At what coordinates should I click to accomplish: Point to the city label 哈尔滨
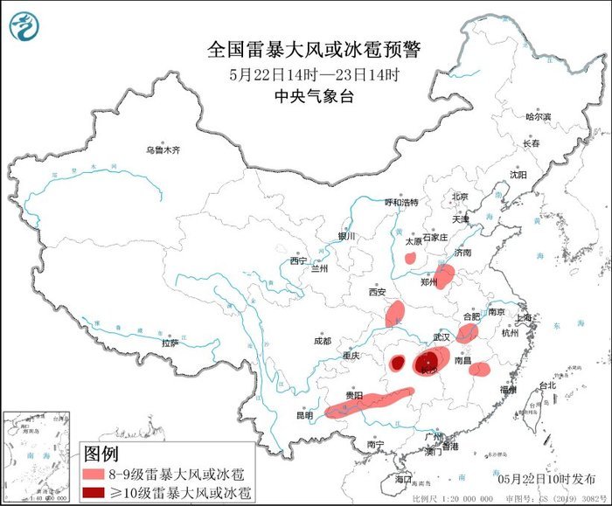(x=538, y=116)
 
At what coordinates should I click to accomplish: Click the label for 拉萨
(x=170, y=343)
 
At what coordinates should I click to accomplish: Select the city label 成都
(x=322, y=341)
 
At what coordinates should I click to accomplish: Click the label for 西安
(x=377, y=293)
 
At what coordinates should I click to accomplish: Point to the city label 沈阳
(x=518, y=175)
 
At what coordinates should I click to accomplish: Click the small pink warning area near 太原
(x=409, y=258)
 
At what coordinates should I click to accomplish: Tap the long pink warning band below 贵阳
(x=371, y=401)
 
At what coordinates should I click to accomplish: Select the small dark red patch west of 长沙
(x=397, y=362)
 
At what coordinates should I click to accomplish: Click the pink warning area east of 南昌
(x=479, y=369)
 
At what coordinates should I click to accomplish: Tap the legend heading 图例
(x=101, y=454)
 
